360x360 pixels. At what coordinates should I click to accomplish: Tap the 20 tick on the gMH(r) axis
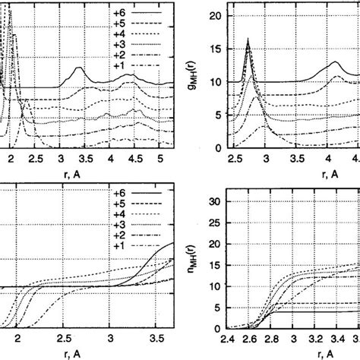point(213,16)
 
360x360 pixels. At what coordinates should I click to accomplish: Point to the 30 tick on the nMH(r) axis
point(213,201)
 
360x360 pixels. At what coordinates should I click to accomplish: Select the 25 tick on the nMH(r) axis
point(213,223)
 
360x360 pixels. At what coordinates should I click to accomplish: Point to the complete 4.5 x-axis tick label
point(134,159)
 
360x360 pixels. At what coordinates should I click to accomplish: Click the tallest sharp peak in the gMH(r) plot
point(248,39)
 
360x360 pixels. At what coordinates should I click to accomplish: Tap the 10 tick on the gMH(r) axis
point(213,82)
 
